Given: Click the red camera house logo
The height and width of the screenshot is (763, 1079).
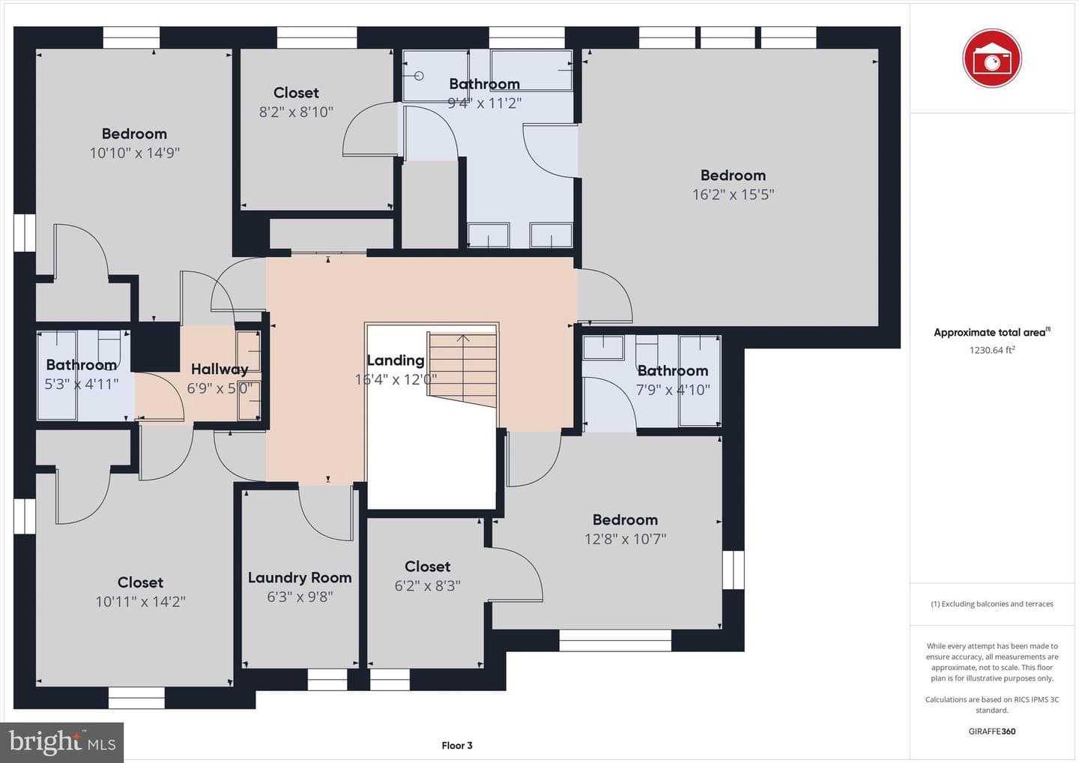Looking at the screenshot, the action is click(991, 58).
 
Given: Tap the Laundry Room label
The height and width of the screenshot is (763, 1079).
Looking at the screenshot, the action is click(300, 578).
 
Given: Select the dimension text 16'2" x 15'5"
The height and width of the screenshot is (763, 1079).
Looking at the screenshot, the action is click(733, 194).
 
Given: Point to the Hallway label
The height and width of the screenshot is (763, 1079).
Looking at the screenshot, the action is click(220, 369).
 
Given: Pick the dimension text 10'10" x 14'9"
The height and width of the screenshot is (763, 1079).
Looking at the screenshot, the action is click(134, 153).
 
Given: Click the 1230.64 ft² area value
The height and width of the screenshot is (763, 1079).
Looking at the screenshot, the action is click(992, 350).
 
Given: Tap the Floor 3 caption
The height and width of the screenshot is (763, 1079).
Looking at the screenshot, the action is click(456, 745).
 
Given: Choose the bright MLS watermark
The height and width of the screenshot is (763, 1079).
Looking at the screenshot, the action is click(62, 742).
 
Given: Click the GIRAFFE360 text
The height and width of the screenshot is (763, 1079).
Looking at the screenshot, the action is click(992, 732).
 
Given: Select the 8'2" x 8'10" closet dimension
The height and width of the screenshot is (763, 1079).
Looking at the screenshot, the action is click(296, 112).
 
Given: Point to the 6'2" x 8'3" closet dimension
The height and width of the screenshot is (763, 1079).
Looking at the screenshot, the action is click(427, 585).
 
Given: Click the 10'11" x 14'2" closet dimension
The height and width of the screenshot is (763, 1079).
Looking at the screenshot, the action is click(140, 602).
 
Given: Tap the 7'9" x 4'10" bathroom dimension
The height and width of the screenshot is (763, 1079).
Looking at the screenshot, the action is click(673, 389).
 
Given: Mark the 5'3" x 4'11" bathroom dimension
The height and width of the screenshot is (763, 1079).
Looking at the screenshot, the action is click(82, 384).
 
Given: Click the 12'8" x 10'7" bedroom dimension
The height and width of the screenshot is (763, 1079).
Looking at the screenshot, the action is click(625, 539).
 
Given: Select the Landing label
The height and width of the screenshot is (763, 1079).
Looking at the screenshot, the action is click(396, 361).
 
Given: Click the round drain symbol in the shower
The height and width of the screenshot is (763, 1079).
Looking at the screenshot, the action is click(419, 76).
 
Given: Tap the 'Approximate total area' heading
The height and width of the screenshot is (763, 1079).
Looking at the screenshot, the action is click(992, 332).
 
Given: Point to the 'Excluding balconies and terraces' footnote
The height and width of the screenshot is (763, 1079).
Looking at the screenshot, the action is click(992, 603).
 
